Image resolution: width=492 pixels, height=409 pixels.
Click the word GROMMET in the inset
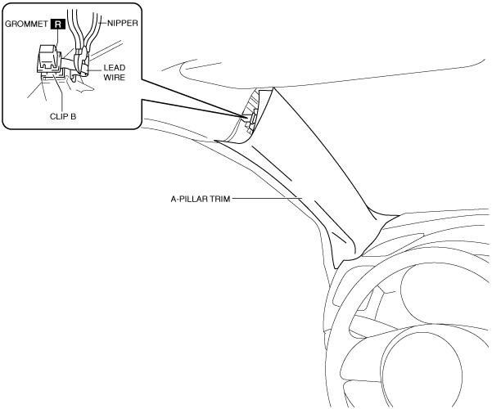(26, 25)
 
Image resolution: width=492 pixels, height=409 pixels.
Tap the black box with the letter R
(58, 25)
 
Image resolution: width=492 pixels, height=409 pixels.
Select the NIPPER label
(123, 23)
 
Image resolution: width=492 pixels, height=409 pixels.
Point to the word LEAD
(115, 68)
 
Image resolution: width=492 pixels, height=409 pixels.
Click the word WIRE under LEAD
(115, 77)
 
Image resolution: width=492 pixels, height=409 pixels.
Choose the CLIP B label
(63, 116)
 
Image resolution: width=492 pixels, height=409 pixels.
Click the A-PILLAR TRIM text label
(201, 199)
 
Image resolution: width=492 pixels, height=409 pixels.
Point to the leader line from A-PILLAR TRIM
(267, 198)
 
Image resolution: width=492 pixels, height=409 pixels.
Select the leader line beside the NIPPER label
(103, 23)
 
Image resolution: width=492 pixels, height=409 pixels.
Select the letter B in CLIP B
(74, 116)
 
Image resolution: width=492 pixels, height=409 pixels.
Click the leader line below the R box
(57, 37)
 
